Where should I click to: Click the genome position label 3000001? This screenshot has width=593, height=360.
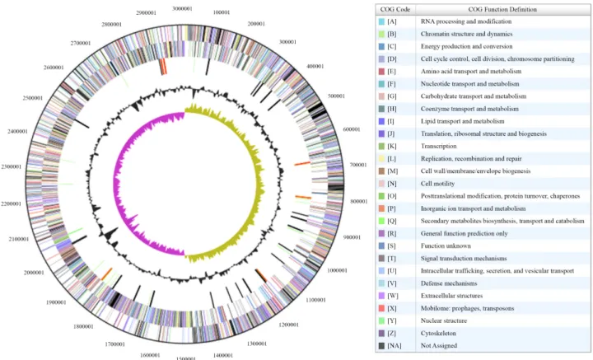[182, 8]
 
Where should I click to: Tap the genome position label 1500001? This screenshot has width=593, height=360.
[186, 358]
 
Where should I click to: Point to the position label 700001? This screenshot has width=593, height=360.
[357, 165]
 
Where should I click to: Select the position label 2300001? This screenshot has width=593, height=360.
[12, 166]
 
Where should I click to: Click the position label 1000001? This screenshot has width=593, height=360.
[337, 270]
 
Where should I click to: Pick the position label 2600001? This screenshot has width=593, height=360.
[54, 68]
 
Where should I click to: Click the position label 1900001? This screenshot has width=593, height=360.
[56, 302]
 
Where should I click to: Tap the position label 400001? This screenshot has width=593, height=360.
[315, 66]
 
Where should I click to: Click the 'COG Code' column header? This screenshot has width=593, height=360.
[395, 9]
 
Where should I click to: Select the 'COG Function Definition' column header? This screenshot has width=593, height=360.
[502, 9]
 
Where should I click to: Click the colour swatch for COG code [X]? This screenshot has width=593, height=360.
[381, 308]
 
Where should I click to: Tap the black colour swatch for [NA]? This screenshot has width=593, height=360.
[381, 346]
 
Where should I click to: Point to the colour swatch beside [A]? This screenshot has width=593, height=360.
[381, 21]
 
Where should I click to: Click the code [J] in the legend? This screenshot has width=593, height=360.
[392, 133]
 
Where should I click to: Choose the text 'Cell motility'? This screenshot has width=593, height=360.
[437, 184]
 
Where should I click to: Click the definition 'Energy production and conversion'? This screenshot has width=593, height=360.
[467, 46]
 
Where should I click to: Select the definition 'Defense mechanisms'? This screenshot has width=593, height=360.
[449, 283]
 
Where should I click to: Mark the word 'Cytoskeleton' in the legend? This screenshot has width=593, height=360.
[438, 333]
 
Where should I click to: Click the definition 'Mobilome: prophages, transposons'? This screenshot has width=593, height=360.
[468, 308]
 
